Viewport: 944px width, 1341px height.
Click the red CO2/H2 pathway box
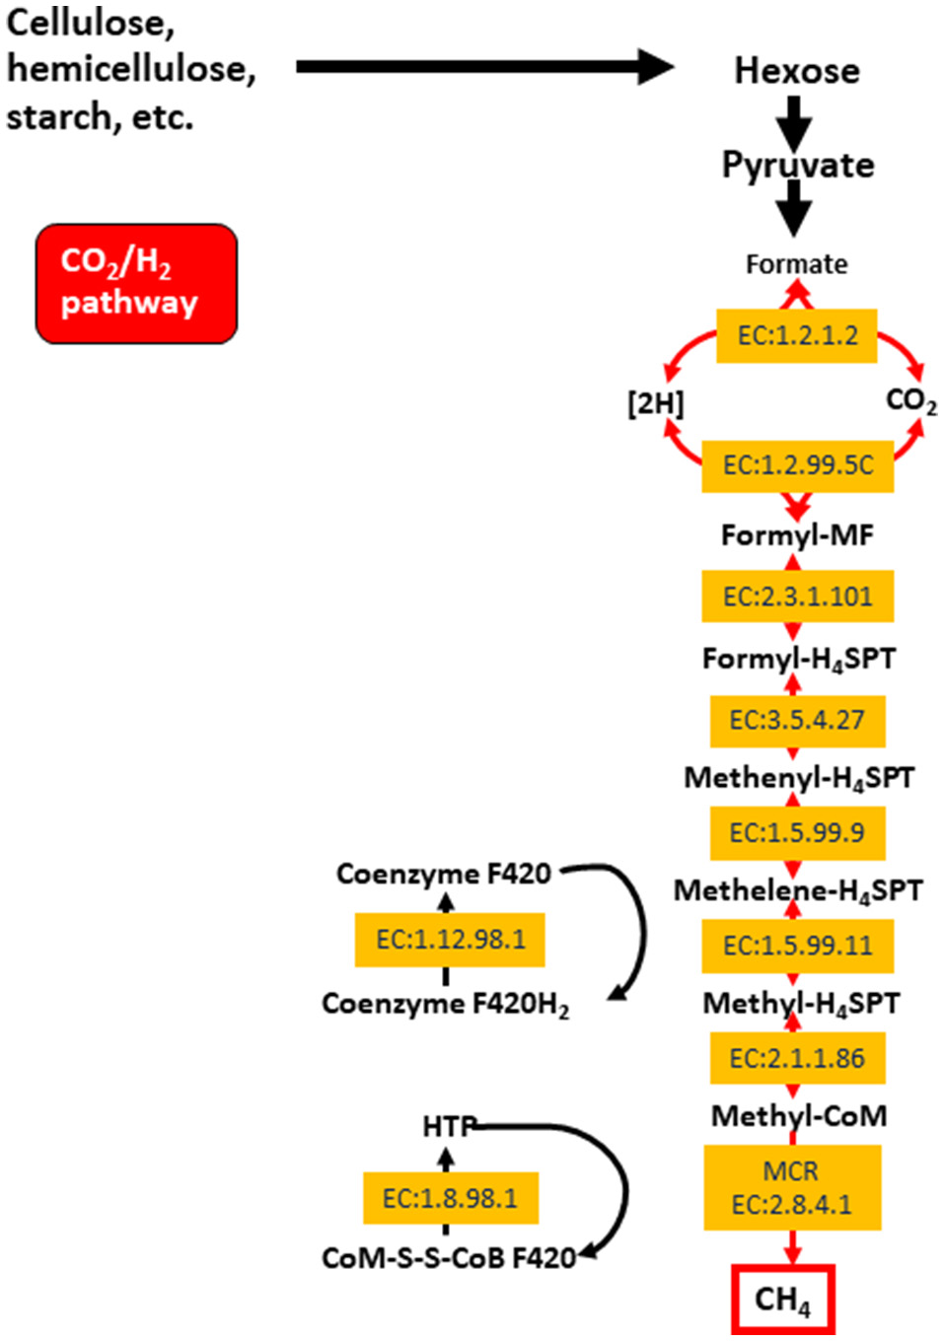[136, 284]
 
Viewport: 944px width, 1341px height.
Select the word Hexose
[796, 71]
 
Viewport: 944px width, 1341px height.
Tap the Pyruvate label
[798, 165]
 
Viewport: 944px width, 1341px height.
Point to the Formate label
[796, 264]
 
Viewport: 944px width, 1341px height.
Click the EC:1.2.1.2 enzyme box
[797, 335]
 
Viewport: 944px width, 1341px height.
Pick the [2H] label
[656, 403]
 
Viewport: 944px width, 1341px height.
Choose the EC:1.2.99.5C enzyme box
[797, 465]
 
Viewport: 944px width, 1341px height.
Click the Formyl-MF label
[797, 535]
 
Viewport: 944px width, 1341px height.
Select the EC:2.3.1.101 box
[797, 597]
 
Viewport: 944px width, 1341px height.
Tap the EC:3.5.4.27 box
[797, 720]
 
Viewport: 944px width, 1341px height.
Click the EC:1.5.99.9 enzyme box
[797, 833]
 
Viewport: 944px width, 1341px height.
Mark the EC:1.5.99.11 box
[797, 946]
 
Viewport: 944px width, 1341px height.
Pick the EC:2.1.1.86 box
[797, 1058]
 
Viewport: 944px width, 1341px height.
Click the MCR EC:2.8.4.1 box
[791, 1187]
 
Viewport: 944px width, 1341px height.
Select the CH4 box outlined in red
[783, 1300]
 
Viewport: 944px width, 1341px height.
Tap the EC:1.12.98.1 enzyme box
[450, 939]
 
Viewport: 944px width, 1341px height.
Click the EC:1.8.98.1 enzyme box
[450, 1198]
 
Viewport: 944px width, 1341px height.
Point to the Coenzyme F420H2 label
[445, 1004]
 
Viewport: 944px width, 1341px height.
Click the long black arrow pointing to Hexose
[483, 67]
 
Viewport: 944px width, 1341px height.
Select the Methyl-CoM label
[799, 1116]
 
